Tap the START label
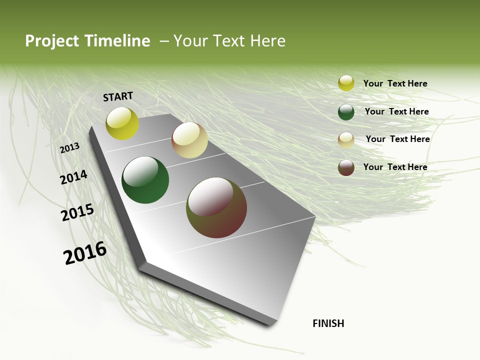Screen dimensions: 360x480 click(x=118, y=96)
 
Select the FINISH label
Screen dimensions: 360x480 click(x=328, y=323)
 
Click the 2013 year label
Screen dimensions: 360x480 click(x=69, y=148)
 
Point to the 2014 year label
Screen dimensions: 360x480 click(x=73, y=177)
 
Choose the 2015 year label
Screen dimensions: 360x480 click(x=77, y=212)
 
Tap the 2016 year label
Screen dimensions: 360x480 click(x=85, y=252)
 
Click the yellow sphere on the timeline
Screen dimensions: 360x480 click(x=122, y=123)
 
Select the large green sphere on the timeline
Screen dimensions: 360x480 click(x=145, y=180)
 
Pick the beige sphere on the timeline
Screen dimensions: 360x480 click(x=189, y=140)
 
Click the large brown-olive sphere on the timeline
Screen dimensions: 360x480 click(x=216, y=207)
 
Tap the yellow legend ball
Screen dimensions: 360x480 click(x=346, y=83)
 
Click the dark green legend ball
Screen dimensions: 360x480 click(x=346, y=112)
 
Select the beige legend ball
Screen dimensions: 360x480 click(x=346, y=140)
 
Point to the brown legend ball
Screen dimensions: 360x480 click(x=346, y=167)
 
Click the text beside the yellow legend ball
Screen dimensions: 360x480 click(x=395, y=83)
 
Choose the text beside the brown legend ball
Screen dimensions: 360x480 click(x=395, y=167)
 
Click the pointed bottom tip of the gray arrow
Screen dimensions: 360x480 click(x=270, y=322)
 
